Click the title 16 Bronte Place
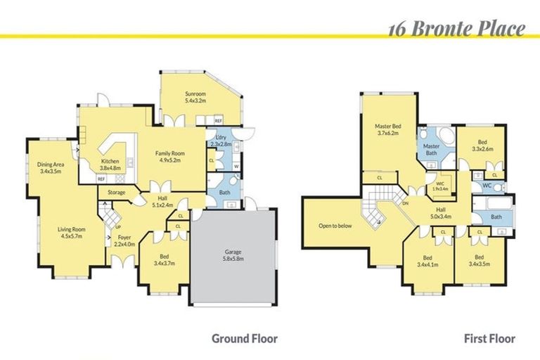(456, 29)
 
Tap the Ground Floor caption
(245, 338)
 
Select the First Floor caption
(490, 338)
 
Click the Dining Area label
(51, 167)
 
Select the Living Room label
(71, 232)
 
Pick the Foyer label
(124, 240)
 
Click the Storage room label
(116, 192)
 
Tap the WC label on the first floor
(486, 186)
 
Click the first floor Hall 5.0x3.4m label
(441, 213)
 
